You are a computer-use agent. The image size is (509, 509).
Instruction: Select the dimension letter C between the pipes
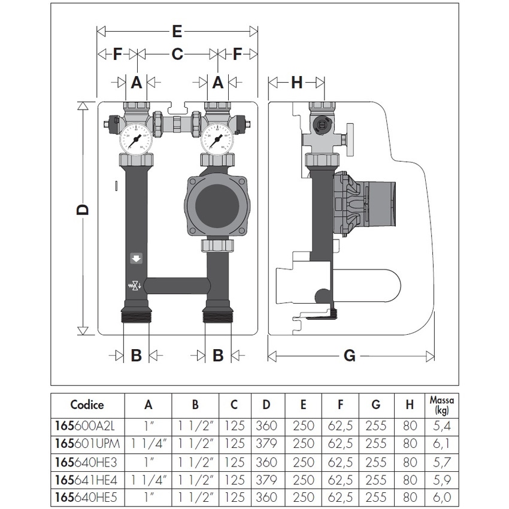click(177, 54)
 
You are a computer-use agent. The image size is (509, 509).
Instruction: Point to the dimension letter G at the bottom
click(350, 356)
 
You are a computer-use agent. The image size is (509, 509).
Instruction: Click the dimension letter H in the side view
click(296, 83)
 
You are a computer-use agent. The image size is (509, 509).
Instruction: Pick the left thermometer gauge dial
click(136, 137)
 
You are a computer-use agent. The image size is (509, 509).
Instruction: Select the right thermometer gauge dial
click(217, 137)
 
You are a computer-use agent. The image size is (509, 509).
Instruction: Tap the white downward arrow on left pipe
click(136, 259)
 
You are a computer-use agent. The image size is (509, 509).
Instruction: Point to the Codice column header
click(87, 405)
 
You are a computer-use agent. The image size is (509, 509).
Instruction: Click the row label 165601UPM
click(87, 444)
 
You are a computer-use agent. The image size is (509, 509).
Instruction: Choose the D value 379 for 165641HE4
click(266, 479)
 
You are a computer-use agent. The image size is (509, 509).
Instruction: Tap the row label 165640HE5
click(87, 496)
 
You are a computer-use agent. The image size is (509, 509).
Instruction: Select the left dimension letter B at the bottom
click(136, 355)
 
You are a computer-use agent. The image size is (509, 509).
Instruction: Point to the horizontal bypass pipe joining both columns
click(175, 285)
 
